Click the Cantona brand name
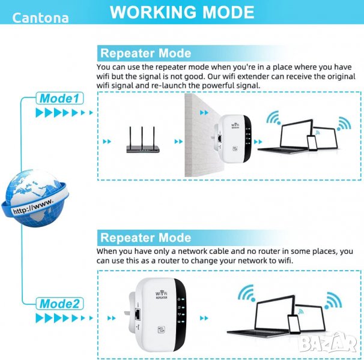[x=40, y=18]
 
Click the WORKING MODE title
[x=182, y=12]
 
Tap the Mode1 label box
[x=59, y=98]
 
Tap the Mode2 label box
[x=59, y=304]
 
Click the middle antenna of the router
[x=142, y=136]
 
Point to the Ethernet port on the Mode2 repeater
[x=138, y=314]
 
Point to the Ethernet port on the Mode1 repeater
[x=219, y=139]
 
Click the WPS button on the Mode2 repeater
[x=162, y=329]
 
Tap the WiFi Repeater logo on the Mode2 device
[x=162, y=295]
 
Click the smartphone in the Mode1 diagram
[x=312, y=143]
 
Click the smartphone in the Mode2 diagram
[x=294, y=325]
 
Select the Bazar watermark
[x=327, y=343]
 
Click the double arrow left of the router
[x=107, y=141]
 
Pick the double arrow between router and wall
[x=178, y=141]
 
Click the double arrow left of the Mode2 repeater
[x=112, y=318]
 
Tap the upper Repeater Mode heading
[x=145, y=53]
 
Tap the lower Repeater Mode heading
[x=145, y=238]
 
